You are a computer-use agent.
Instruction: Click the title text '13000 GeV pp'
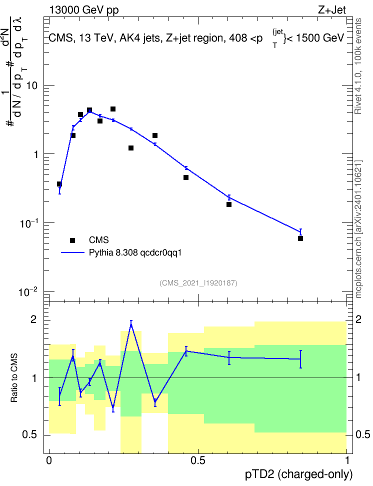83,10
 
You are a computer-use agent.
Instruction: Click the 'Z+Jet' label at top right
332,10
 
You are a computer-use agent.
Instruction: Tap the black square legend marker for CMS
72,240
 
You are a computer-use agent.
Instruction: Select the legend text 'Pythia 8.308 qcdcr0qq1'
135,253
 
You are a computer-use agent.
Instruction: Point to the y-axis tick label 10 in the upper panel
32,85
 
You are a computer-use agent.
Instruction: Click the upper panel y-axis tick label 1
35,154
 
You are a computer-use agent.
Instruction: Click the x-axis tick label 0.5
198,460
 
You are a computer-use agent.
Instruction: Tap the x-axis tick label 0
49,460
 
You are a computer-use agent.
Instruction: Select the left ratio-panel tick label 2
33,319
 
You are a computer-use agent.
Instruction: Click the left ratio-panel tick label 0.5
30,435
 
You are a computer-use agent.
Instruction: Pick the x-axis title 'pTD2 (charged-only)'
299,474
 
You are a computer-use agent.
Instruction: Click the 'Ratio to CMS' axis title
14,378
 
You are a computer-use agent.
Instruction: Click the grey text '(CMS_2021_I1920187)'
198,283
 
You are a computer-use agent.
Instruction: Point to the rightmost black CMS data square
300,238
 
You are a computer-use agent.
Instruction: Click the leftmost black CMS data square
59,184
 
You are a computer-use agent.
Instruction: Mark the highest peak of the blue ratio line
131,324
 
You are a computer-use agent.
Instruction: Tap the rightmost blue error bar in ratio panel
300,359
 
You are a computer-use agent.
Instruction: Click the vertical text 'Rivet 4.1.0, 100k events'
358,66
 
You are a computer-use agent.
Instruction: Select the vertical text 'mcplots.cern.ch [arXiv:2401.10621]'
358,229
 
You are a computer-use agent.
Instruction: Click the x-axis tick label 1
347,460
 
